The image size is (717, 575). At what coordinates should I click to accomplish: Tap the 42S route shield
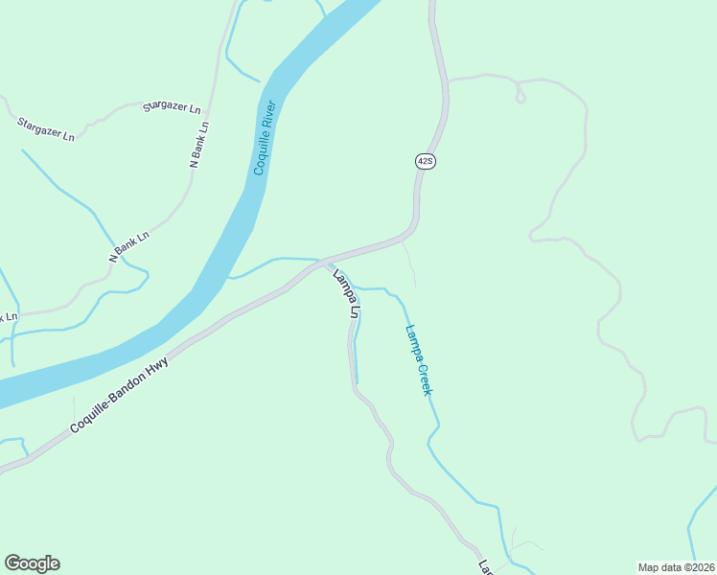click(x=426, y=161)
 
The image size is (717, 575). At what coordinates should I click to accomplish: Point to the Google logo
click(x=32, y=563)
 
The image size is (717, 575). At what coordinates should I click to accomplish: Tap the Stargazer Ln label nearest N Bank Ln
click(x=172, y=107)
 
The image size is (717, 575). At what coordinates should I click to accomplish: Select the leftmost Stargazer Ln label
click(x=45, y=128)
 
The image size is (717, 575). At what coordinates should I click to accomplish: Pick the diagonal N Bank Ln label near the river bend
click(x=129, y=246)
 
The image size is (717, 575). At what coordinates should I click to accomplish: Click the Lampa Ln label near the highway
click(x=345, y=294)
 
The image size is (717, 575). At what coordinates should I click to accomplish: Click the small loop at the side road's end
click(x=520, y=97)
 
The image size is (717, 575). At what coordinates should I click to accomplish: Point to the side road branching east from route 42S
click(x=479, y=77)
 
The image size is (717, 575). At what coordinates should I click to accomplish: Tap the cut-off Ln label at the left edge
click(x=9, y=317)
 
